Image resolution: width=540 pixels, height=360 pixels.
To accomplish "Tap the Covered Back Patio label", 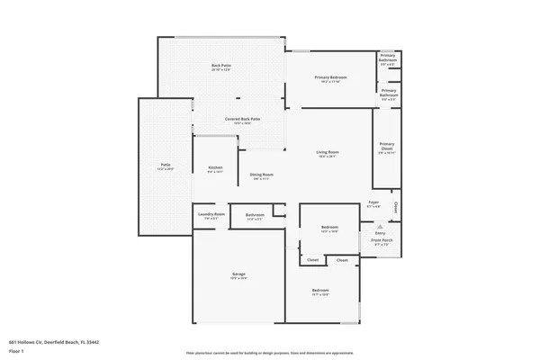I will coord(242,119).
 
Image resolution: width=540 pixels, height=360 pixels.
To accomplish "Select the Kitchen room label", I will coord(215,167).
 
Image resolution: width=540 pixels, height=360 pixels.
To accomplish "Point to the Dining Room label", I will coord(262,175).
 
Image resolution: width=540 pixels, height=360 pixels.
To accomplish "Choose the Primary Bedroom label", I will coord(330,77).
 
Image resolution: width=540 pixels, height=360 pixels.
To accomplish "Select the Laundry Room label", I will coord(213,214).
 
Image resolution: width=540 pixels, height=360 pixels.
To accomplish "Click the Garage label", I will coord(239,274).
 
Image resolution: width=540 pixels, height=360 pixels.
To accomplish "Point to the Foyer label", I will coord(374,203).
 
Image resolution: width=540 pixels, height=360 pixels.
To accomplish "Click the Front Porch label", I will coord(382,240).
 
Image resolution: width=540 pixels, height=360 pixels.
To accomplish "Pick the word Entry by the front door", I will coord(380,233).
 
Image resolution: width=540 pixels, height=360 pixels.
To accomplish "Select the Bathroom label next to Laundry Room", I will coord(255,214).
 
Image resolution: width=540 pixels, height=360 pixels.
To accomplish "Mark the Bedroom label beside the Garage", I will coord(320,291).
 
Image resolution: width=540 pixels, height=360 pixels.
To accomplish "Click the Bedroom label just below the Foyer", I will coord(329,228).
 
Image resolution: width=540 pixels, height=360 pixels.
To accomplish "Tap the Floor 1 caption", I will coord(16,351).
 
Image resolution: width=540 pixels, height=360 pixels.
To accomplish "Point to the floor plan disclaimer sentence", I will coord(269,353).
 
